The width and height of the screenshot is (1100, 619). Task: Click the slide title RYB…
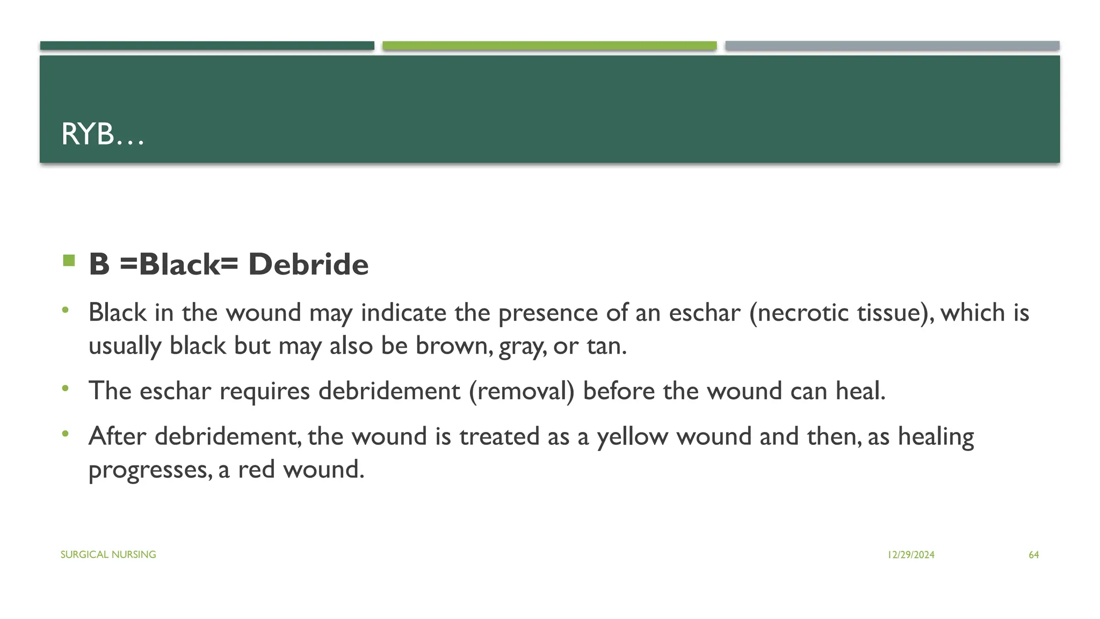coord(103,134)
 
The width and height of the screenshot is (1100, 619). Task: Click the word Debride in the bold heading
coord(308,264)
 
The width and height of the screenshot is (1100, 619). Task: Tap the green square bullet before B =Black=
coord(69,261)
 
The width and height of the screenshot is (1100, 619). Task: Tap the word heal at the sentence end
coord(860,391)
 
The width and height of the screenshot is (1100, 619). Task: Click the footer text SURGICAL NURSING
coord(108,555)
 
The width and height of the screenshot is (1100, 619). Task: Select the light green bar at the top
coord(549,46)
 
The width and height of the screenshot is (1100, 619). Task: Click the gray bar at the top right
coord(892,46)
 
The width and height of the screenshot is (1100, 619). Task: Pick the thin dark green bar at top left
coord(207,46)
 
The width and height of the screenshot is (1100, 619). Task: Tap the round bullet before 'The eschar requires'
coord(66,388)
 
